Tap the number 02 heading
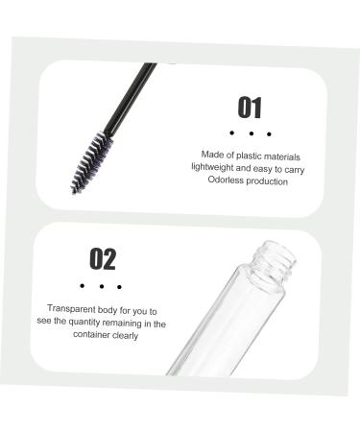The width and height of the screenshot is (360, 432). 102,259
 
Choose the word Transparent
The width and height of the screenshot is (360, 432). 72,309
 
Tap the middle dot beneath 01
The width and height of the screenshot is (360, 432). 250,133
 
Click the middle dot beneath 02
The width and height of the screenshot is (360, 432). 101,286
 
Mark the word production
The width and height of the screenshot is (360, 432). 268,180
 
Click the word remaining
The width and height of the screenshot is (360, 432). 131,323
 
